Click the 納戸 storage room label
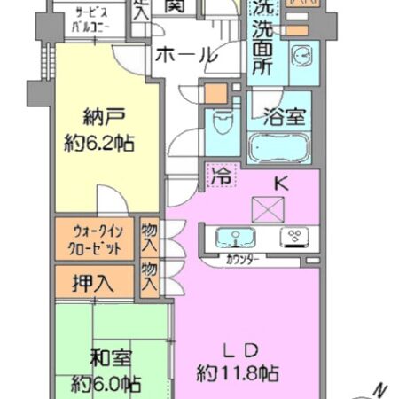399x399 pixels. [98, 116]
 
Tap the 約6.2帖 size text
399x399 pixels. [98, 142]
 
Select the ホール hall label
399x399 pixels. [185, 55]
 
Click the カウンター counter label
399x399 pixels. [241, 261]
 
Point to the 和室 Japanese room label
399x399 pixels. [110, 359]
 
